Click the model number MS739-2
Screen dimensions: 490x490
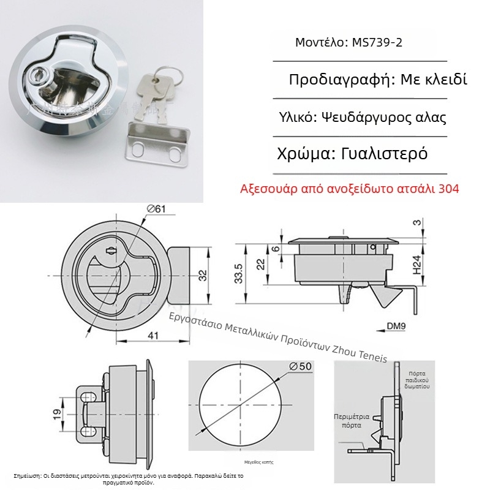click(x=377, y=43)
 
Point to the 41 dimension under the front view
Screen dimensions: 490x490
click(x=151, y=335)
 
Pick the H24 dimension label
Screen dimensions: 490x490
click(x=417, y=264)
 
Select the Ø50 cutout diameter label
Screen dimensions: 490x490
click(x=301, y=366)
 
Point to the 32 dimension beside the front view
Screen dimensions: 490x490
click(x=202, y=274)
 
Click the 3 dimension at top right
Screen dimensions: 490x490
click(x=417, y=223)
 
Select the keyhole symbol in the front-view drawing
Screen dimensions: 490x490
click(x=111, y=251)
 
